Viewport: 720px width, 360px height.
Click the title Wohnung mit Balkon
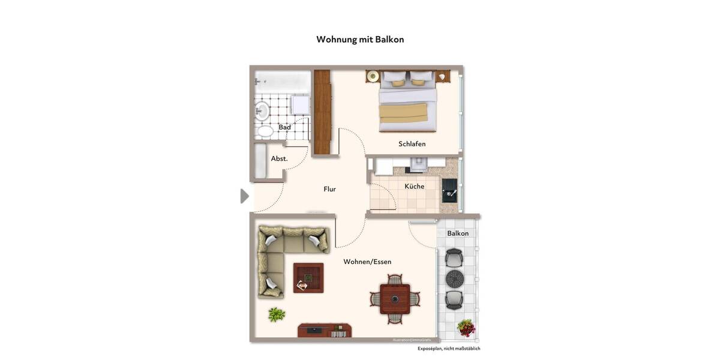(x=360, y=40)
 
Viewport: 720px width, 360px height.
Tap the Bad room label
(x=284, y=127)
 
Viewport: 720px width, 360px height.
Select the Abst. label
(x=279, y=159)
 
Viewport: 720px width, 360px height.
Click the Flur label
(x=329, y=189)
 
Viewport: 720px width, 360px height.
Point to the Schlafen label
(x=412, y=144)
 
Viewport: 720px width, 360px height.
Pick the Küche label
(x=414, y=187)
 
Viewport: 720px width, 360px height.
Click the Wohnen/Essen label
(x=367, y=262)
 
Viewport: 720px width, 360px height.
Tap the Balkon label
(x=457, y=233)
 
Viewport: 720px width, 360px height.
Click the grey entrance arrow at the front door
(x=244, y=196)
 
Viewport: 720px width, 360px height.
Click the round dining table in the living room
(x=394, y=299)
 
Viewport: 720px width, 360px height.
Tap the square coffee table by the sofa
(x=308, y=278)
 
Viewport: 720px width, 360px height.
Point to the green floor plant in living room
(x=276, y=314)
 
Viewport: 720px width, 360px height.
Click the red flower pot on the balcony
(x=466, y=328)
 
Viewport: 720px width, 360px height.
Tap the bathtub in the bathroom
(x=282, y=80)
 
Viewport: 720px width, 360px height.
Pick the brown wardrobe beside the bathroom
(x=322, y=113)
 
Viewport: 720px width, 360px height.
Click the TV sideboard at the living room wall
(x=324, y=331)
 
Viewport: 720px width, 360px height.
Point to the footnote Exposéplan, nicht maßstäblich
(x=449, y=349)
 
